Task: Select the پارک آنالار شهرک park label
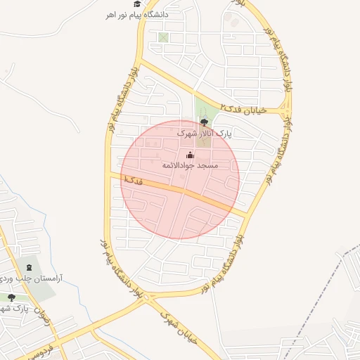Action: coord(204,132)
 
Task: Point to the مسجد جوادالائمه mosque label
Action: coord(191,165)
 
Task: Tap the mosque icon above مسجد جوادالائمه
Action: coord(190,155)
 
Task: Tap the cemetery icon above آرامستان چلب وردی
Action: coord(30,267)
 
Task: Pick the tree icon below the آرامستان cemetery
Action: coord(11,297)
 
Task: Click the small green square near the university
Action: coord(164,37)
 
